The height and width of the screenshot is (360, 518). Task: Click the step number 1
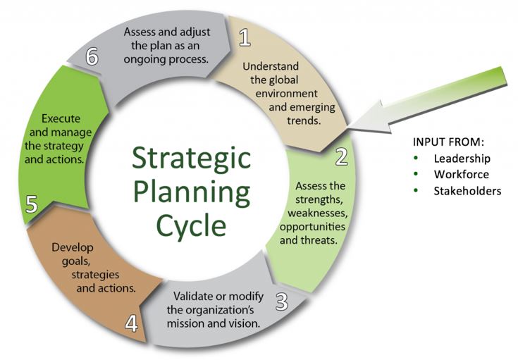[245, 37]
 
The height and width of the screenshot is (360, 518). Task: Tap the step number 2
[342, 156]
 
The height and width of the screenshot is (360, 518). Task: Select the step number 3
[281, 302]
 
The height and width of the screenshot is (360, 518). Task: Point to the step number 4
[132, 323]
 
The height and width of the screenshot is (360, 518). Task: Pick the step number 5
[32, 204]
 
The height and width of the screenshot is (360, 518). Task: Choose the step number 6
[92, 56]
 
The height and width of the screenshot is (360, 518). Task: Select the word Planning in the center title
[192, 192]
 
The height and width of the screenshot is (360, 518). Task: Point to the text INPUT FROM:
[448, 142]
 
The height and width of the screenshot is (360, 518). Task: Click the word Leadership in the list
[462, 159]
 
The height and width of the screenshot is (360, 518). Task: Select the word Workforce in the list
[461, 175]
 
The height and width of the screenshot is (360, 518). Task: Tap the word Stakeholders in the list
[467, 191]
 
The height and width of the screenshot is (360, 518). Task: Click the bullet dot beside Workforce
[416, 174]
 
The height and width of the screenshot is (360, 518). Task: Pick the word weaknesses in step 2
[317, 213]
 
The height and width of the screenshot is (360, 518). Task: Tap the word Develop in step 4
[73, 248]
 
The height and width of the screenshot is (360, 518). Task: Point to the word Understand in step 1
[270, 66]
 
